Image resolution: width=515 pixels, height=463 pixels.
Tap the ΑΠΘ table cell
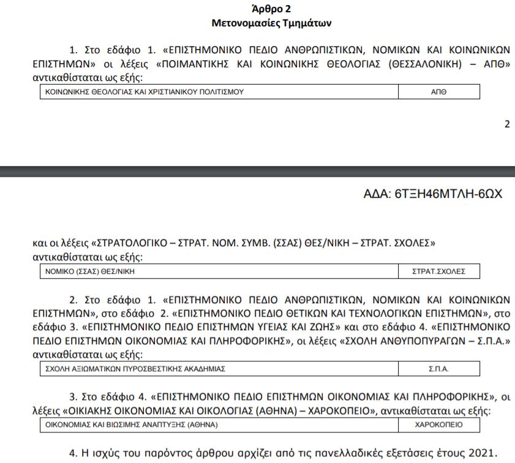coord(438,92)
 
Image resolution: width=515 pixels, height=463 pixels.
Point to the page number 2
coord(506,124)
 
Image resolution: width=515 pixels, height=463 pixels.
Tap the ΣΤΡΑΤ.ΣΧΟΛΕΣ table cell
coord(438,271)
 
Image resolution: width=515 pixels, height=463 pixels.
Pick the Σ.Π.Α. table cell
coord(438,369)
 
